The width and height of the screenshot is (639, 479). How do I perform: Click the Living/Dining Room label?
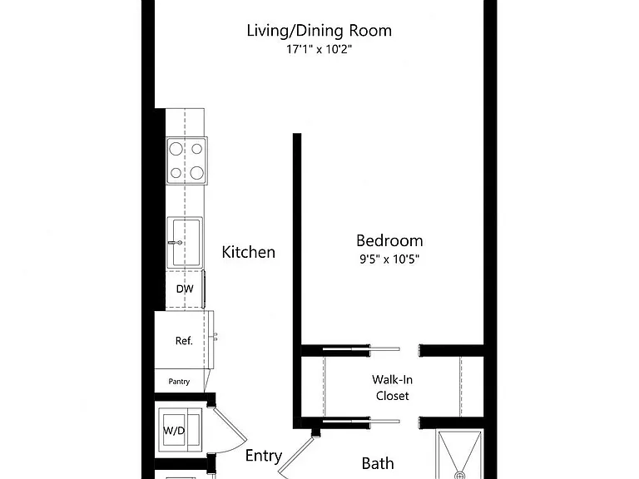click(x=319, y=31)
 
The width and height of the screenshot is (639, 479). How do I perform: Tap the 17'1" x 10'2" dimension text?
click(x=319, y=49)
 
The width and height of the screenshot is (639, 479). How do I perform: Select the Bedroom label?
click(x=389, y=240)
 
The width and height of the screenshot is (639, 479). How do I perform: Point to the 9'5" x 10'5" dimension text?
click(x=389, y=259)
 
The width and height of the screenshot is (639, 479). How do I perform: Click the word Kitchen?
click(x=248, y=252)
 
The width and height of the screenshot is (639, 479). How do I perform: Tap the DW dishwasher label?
click(x=185, y=289)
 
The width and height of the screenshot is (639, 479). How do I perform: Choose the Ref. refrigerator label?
click(x=184, y=340)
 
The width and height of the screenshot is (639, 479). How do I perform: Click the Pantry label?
click(x=179, y=382)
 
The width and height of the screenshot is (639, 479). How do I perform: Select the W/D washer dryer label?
click(x=174, y=431)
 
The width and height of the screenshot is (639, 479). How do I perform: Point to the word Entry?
click(x=264, y=457)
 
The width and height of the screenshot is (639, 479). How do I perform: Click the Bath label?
click(x=378, y=463)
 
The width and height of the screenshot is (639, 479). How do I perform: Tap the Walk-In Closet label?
click(x=392, y=388)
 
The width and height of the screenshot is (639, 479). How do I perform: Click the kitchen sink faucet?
click(x=176, y=243)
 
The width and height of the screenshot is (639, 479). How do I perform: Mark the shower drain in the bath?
click(x=459, y=476)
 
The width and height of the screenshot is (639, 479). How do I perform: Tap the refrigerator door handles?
click(x=215, y=336)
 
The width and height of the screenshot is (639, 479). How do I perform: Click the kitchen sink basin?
click(x=185, y=242)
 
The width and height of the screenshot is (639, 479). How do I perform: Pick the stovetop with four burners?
click(x=186, y=160)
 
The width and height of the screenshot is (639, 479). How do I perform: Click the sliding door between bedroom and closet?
click(x=361, y=349)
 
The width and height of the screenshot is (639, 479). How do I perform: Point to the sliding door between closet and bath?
click(x=361, y=422)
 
